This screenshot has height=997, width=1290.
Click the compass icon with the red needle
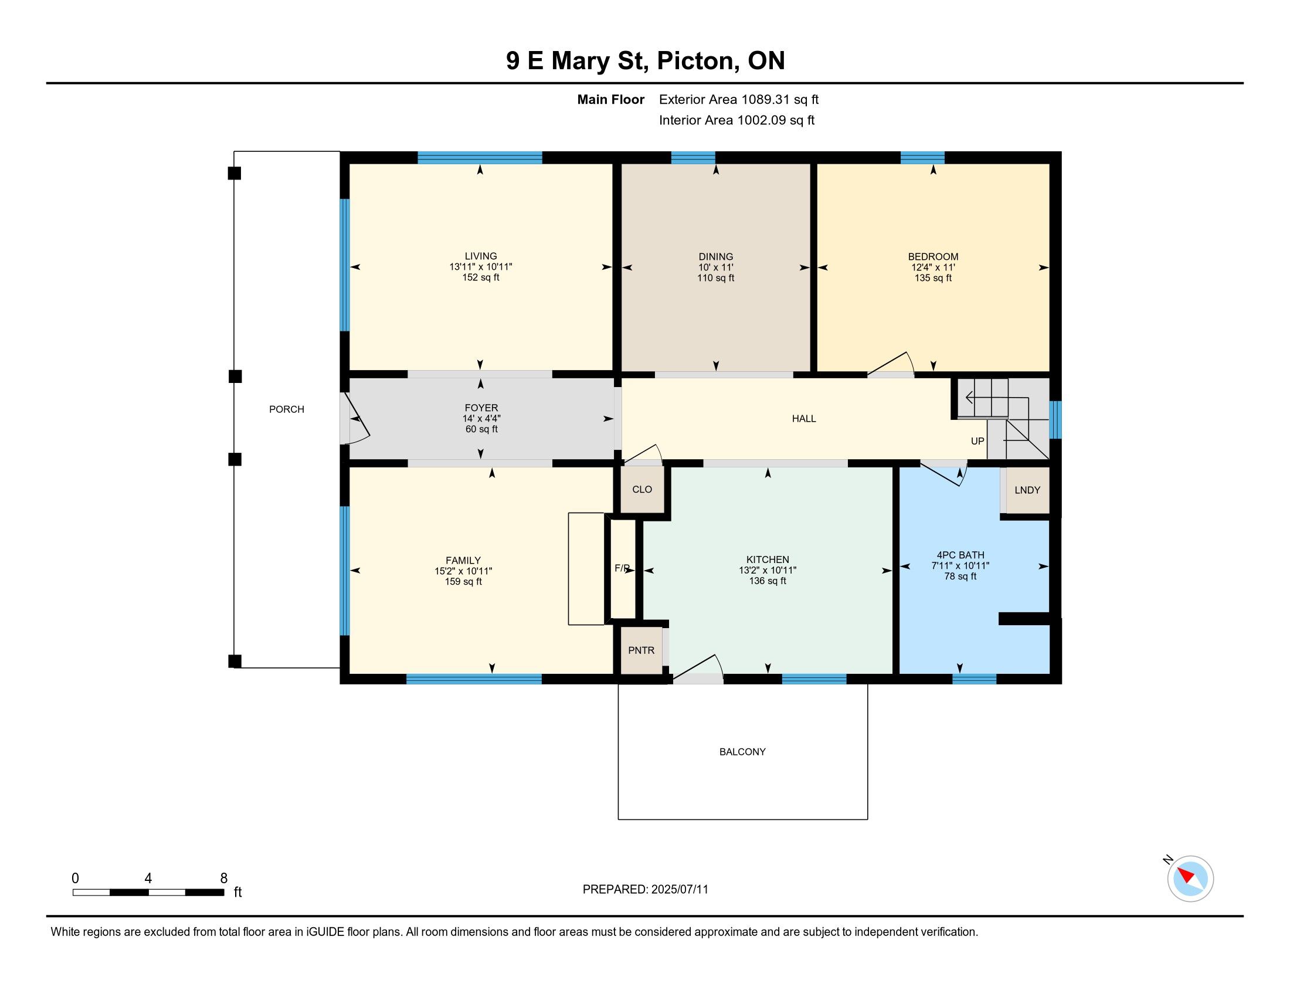coord(1190,879)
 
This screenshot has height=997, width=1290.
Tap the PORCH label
coord(287,409)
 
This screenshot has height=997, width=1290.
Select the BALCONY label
coord(742,752)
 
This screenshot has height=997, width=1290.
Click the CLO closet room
coord(642,490)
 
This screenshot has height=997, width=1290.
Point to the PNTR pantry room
coord(641,650)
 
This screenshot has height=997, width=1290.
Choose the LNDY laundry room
coord(1028,490)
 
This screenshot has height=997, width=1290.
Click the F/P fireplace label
coord(622,568)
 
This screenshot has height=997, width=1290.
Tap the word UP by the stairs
coord(977,441)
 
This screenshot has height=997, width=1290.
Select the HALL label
coord(804,419)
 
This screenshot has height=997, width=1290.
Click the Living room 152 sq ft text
coord(481,277)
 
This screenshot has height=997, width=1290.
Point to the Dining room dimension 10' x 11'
coord(716,267)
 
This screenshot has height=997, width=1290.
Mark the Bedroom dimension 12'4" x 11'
coord(933,267)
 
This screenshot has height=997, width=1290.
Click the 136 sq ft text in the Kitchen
coord(768,581)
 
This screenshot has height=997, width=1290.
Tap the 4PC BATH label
coord(960,555)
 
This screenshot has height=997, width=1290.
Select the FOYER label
coord(481,408)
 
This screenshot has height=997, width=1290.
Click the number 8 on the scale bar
coord(224,879)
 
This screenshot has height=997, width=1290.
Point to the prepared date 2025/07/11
coord(679,890)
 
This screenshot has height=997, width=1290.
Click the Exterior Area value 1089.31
coord(765,99)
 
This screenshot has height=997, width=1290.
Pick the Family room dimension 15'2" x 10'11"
coord(463,571)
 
